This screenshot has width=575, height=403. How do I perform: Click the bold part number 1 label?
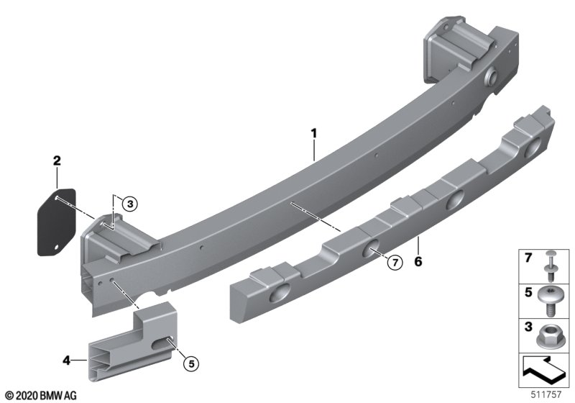point(313,133)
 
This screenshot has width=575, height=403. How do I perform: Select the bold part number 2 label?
point(57,160)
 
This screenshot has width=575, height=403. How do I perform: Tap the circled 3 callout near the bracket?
point(130,204)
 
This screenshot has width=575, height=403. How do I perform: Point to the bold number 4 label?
point(66,361)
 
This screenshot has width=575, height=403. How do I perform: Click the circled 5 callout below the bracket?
point(191,363)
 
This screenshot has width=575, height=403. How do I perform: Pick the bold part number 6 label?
point(418,262)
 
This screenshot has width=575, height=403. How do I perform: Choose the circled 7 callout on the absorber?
point(395,263)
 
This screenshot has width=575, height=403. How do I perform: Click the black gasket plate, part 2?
point(57,222)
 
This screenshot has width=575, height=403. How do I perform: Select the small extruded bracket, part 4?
point(134,341)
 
